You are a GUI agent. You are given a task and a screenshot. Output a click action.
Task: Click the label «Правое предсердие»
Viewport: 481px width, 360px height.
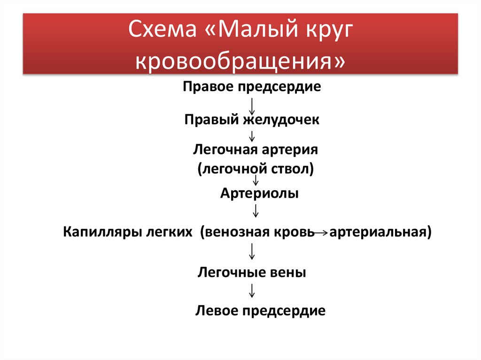click(252, 87)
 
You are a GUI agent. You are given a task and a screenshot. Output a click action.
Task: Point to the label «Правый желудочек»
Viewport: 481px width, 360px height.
click(252, 120)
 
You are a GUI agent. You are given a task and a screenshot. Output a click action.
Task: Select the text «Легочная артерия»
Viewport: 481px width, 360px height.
click(256, 150)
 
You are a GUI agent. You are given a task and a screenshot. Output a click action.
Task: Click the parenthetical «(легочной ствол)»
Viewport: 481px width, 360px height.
click(256, 169)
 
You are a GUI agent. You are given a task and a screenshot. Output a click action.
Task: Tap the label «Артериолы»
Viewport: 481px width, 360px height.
click(259, 193)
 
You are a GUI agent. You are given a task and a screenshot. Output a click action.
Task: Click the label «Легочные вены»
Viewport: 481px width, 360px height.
click(252, 272)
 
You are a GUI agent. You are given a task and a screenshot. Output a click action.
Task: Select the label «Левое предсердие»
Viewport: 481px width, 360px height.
click(260, 311)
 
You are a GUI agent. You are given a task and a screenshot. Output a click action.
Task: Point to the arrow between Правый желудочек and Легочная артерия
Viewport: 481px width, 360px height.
click(252, 136)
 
